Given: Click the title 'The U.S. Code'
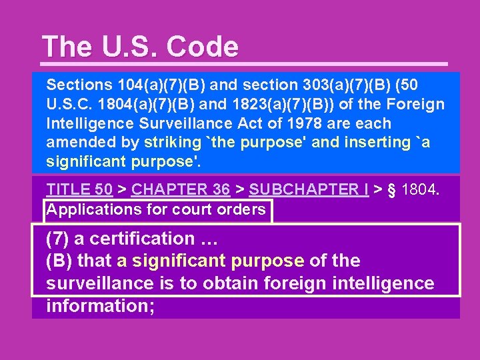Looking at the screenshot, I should (140, 47).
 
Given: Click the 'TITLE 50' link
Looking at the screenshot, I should (79, 189).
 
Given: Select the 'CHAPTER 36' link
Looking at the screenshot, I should (181, 189).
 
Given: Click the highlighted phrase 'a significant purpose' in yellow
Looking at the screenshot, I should (211, 261).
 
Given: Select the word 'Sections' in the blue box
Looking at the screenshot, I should (79, 85).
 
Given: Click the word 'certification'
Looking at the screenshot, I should (148, 238).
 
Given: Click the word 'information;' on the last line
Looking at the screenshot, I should (100, 306).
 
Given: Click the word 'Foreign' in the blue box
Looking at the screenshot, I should (417, 105).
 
